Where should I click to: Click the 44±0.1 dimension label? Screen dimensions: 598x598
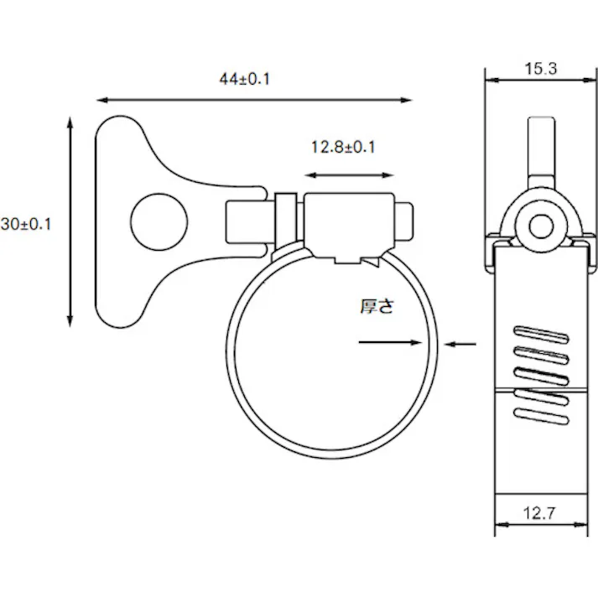coord(244,79)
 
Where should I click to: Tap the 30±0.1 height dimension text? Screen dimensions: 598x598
coord(26,224)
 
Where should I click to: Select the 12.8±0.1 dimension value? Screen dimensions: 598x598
coord(343,147)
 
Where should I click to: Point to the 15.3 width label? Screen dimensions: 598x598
coord(541,69)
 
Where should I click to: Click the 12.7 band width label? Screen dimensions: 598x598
coord(539,513)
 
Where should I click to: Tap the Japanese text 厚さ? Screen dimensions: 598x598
coord(377,306)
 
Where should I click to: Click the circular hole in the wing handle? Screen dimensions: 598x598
coord(159,222)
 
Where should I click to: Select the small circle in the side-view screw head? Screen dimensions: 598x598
coord(541,226)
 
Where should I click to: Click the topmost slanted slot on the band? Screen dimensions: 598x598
coord(542,335)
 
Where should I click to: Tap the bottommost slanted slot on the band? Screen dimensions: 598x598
coord(542,417)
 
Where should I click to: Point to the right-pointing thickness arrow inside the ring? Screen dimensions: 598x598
coord(390,342)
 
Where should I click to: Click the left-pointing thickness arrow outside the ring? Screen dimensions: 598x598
coord(460,344)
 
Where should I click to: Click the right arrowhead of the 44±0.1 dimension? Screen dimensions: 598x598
coord(406,100)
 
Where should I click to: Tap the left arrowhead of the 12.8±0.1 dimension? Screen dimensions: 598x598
coord(311,175)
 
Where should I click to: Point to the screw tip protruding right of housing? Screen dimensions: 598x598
coord(404,221)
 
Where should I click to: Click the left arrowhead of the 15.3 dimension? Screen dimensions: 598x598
coord(492,80)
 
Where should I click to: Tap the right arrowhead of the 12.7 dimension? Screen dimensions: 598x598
coord(581,525)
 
